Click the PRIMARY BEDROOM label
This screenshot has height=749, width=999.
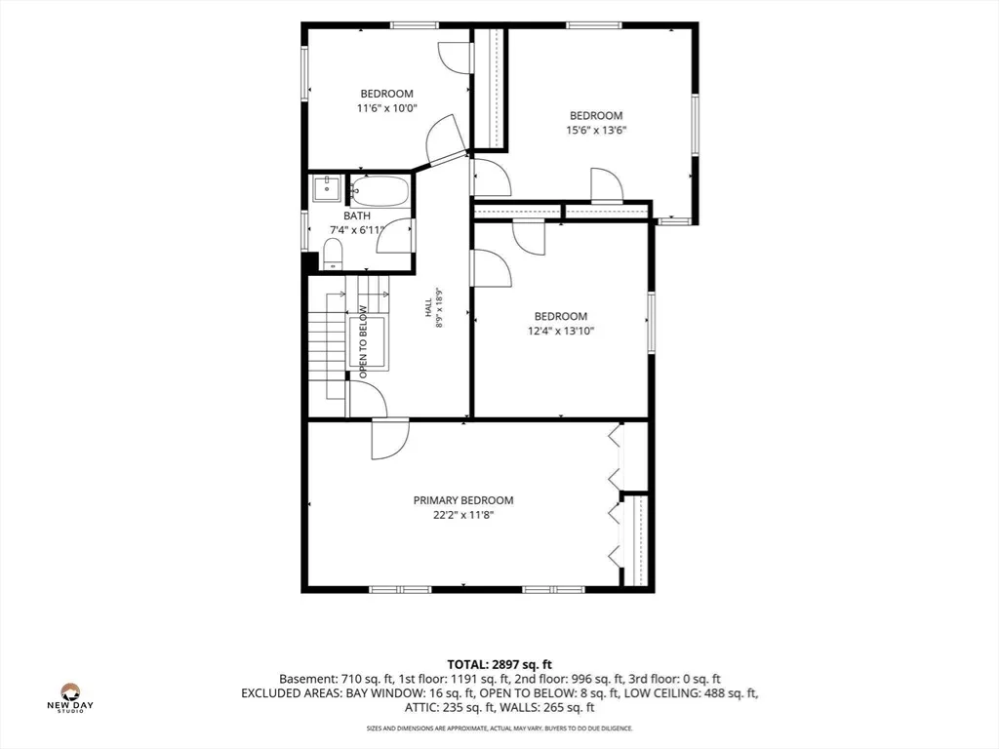tap(463, 500)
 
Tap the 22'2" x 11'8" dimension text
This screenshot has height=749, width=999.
tap(463, 515)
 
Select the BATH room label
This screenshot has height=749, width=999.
tap(357, 216)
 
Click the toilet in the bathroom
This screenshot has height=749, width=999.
tap(333, 255)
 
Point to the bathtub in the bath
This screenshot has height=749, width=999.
tap(380, 190)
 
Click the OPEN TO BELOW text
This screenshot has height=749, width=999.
tap(363, 342)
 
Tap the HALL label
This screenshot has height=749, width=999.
tap(428, 308)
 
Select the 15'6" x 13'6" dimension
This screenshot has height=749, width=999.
tap(596, 131)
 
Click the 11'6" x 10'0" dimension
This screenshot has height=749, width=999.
tap(386, 108)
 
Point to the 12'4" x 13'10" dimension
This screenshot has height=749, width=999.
tap(561, 332)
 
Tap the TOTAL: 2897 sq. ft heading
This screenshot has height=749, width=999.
tap(499, 665)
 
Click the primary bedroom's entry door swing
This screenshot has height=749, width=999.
tap(390, 439)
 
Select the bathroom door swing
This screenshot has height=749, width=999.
tap(394, 236)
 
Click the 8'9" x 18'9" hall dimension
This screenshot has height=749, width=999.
tap(439, 308)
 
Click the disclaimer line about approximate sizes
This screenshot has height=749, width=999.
tap(499, 728)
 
